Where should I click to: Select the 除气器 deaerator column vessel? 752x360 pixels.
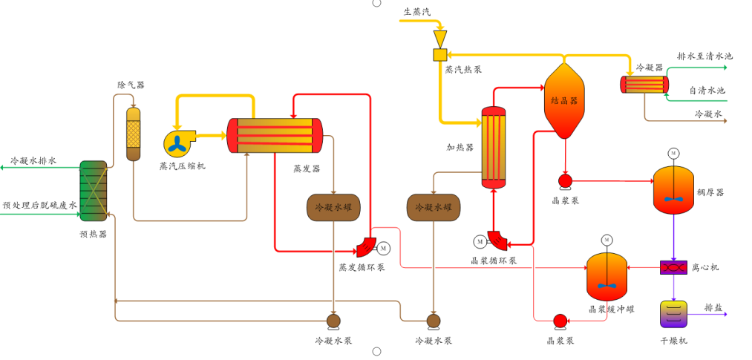click(134, 134)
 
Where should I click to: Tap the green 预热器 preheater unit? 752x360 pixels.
click(94, 191)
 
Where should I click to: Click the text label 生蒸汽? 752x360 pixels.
click(416, 11)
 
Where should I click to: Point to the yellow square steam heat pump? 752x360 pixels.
click(440, 54)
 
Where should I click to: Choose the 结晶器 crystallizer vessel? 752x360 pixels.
click(564, 100)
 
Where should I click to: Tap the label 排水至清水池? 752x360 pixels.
click(704, 56)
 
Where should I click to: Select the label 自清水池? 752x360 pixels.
click(707, 91)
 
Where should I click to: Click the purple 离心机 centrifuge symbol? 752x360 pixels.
click(673, 267)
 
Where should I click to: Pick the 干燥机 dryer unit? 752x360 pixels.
click(673, 314)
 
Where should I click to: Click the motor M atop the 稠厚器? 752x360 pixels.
click(673, 154)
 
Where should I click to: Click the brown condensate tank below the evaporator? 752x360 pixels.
click(333, 207)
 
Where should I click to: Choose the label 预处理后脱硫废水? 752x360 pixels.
click(39, 206)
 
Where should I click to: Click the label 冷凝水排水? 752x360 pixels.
click(33, 160)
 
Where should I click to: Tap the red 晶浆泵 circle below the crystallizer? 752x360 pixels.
click(565, 180)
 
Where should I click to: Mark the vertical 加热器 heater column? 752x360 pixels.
click(494, 147)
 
